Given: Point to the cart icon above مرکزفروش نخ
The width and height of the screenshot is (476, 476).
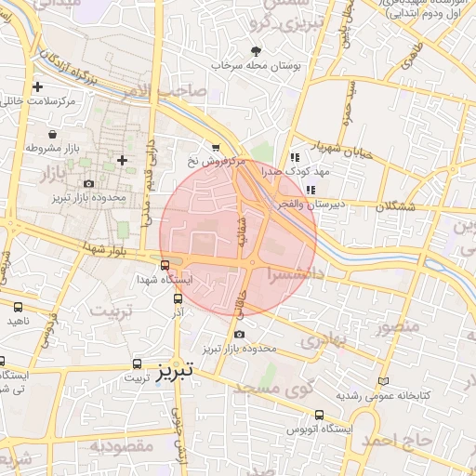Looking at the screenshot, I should point(216,147).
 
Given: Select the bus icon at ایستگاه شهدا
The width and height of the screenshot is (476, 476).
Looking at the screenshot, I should point(165,265).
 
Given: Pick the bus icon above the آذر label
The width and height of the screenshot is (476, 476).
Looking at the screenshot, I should point(177,297).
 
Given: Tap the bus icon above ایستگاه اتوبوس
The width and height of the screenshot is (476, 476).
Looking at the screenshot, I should point(320,415).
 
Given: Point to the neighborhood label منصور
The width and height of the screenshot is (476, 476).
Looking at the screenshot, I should point(397,326).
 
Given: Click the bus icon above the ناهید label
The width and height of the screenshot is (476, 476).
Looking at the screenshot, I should point(19,307).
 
